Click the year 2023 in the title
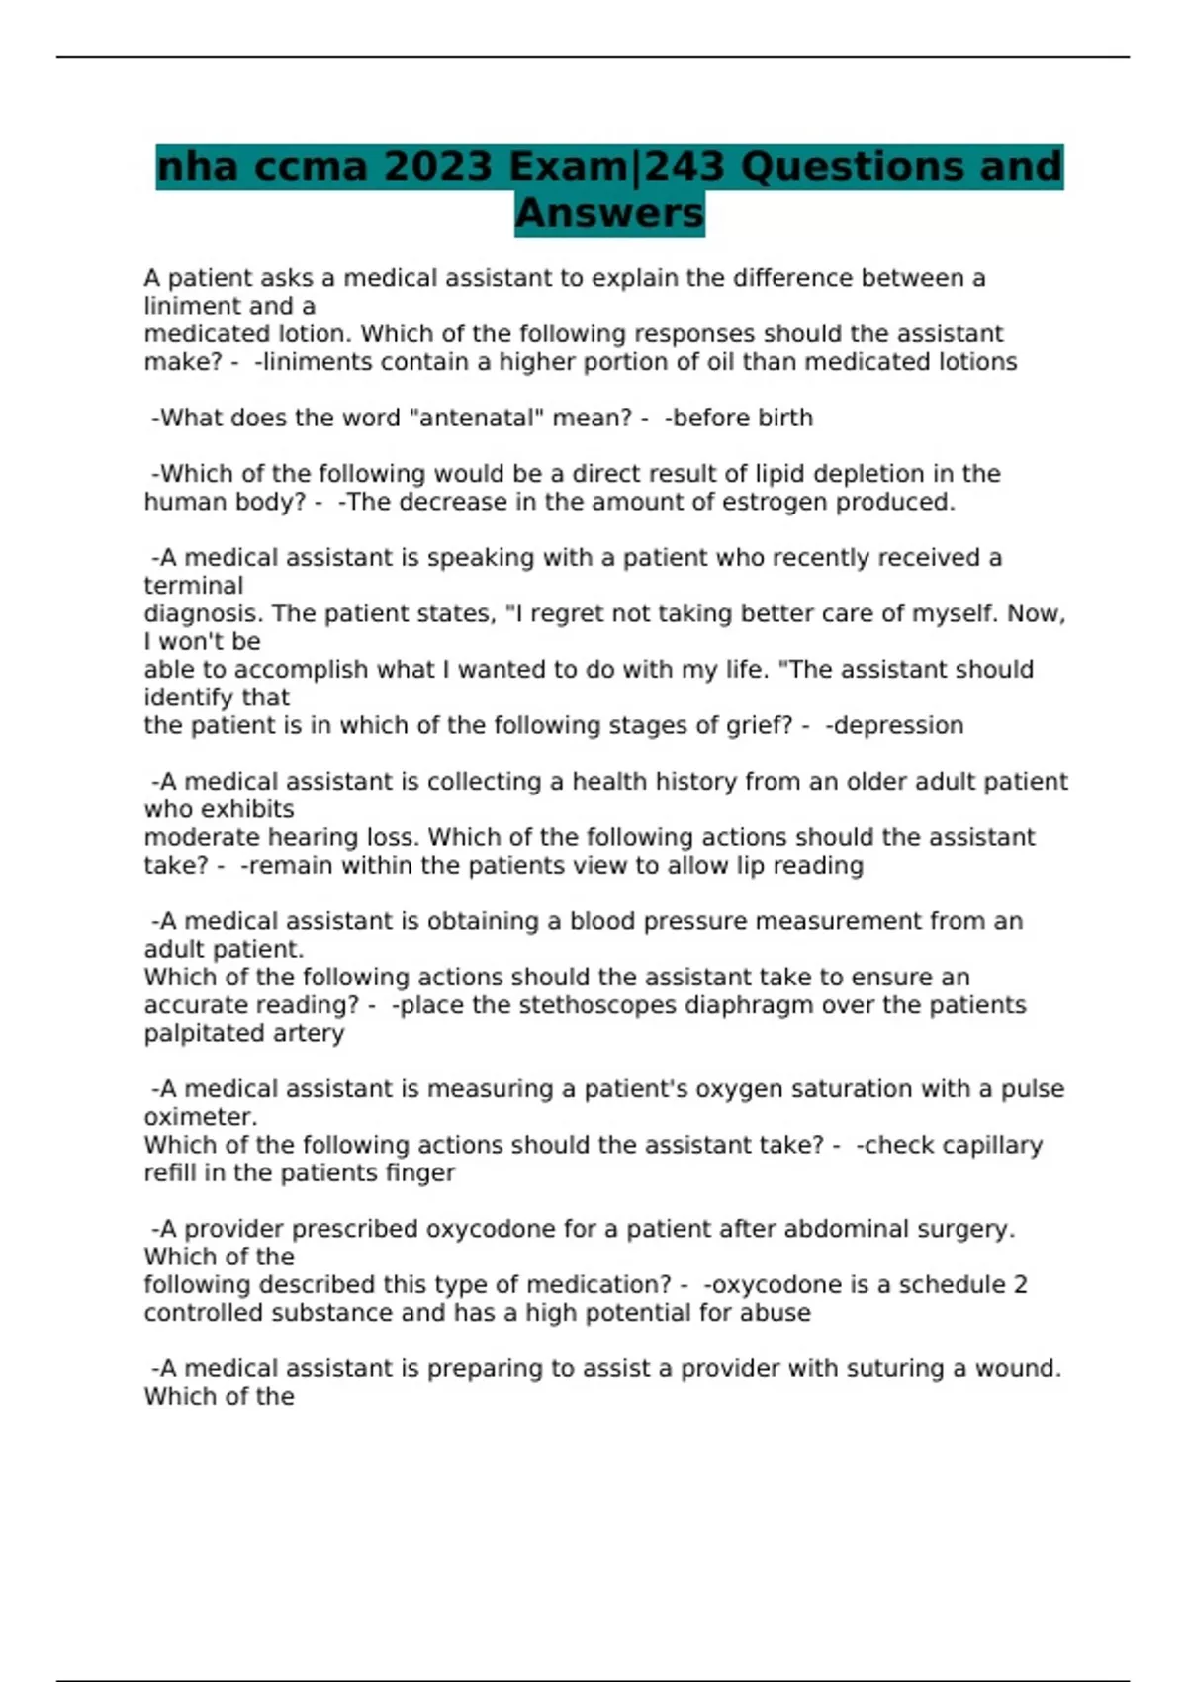coord(437,166)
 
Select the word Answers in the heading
coord(609,213)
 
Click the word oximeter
coord(201,1117)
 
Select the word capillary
coord(992,1145)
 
